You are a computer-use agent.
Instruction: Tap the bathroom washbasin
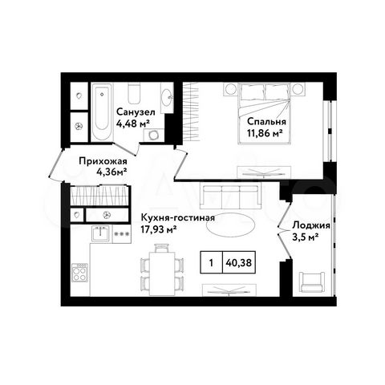tap(166, 99)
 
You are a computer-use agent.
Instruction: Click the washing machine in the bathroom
tap(79, 124)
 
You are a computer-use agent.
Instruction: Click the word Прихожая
tap(100, 159)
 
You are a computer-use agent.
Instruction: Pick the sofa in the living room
tap(230, 197)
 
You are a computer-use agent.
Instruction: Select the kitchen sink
tap(101, 234)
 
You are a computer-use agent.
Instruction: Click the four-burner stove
tap(81, 273)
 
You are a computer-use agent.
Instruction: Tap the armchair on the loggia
tap(311, 282)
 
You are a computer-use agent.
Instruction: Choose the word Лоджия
tap(311, 225)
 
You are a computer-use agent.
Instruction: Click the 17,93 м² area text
tap(158, 229)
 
